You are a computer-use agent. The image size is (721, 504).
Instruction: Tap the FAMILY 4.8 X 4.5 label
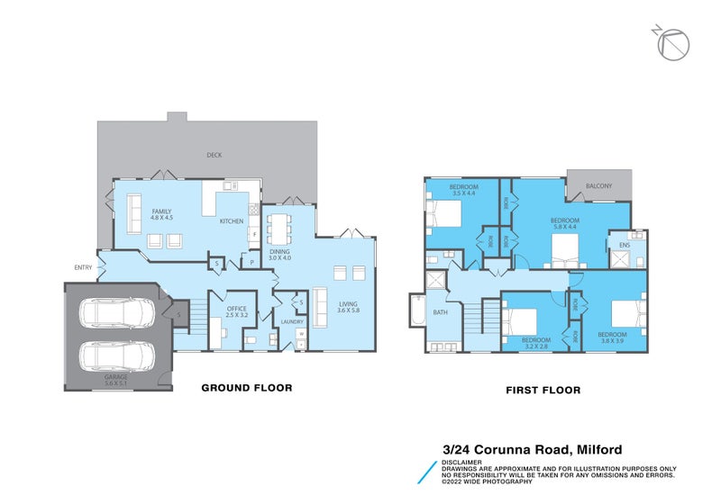click(x=161, y=214)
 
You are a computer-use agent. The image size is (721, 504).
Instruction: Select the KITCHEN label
click(x=232, y=220)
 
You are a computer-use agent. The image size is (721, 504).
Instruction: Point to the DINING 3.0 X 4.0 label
click(x=280, y=255)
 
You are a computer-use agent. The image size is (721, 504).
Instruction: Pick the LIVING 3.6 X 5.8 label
click(x=348, y=308)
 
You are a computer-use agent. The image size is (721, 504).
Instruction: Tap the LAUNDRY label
click(x=291, y=321)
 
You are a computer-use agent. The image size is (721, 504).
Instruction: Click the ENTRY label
click(x=84, y=267)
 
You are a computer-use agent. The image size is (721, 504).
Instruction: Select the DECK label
click(x=214, y=155)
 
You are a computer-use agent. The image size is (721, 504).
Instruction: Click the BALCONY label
click(x=598, y=186)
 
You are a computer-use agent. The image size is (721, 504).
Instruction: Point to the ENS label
click(x=624, y=245)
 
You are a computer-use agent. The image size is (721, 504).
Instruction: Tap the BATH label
click(x=440, y=312)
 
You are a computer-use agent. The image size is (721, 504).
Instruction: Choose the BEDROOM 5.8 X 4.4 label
click(x=564, y=224)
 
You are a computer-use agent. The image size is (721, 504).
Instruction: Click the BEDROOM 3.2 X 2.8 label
click(x=535, y=343)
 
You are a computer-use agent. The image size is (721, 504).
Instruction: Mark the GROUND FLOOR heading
click(x=246, y=389)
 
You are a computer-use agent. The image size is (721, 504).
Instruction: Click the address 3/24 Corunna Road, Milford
click(x=532, y=449)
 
